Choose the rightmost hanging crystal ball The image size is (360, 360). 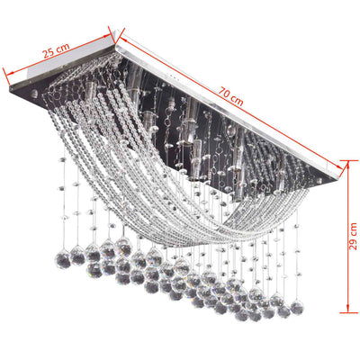(296, 308)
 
